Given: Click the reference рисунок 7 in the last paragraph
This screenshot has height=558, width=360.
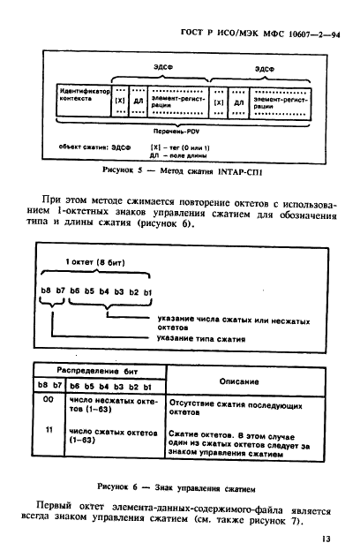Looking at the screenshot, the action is (286, 518).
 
